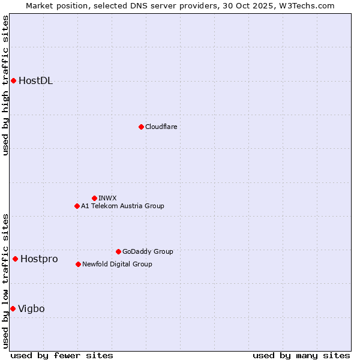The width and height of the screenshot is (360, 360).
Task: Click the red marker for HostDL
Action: (13, 80)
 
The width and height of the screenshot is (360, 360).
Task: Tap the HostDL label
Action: (35, 81)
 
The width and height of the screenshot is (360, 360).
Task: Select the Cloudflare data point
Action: (141, 127)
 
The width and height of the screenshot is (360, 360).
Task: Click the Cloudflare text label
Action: (161, 127)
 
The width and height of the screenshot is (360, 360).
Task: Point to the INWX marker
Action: (94, 198)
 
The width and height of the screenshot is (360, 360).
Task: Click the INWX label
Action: (107, 199)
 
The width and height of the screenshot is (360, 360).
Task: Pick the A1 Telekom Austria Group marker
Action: (77, 206)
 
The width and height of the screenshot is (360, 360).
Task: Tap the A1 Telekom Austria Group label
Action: (122, 206)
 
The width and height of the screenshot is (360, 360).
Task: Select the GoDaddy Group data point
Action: (118, 251)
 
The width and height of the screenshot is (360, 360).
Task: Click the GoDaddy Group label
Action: (147, 252)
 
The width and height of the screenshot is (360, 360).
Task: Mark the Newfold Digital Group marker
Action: (79, 264)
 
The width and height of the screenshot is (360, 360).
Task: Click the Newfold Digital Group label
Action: (117, 265)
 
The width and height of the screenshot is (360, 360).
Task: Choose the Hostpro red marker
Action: (15, 259)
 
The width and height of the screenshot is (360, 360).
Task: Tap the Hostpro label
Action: (39, 259)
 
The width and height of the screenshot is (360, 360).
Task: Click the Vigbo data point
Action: (13, 308)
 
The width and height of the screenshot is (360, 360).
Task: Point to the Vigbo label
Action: (31, 309)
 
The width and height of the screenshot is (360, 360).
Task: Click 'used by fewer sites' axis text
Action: (62, 355)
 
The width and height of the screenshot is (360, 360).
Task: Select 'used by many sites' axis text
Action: (301, 355)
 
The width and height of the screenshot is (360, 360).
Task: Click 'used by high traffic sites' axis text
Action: (6, 85)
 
